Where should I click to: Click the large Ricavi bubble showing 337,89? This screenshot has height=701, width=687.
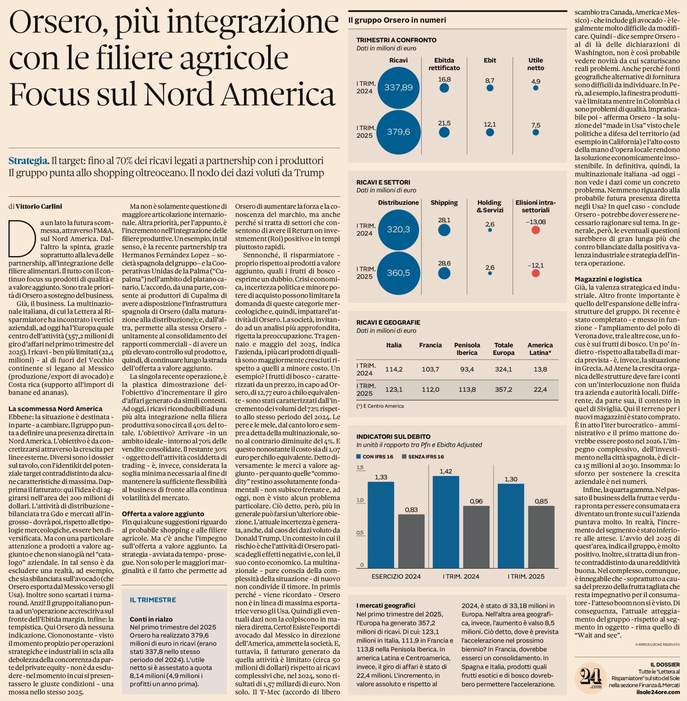coord(398,87)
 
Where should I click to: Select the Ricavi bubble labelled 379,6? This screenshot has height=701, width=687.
coord(398,132)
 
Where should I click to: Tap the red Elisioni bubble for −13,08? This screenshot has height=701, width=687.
coord(535,230)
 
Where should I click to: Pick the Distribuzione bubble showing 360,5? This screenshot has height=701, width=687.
coord(398,273)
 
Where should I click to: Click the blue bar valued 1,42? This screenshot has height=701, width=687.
coord(446,522)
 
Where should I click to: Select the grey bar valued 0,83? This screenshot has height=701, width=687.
coord(411,541)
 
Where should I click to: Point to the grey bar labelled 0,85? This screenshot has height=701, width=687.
coord(541,537)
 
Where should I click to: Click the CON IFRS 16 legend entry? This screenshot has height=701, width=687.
coord(375,457)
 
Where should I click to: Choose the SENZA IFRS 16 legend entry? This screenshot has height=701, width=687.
coord(423,457)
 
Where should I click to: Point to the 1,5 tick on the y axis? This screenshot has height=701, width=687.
coord(360,467)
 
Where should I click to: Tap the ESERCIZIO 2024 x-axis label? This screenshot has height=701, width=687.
coord(396,576)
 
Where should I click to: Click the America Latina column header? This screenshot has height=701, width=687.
coord(540,349)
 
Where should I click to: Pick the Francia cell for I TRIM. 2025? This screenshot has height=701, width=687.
coord(430,389)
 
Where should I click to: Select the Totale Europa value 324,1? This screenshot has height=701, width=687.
coord(503,369)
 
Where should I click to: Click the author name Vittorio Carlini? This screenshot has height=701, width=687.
coord(39,207)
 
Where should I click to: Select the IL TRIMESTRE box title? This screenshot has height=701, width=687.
coord(153,600)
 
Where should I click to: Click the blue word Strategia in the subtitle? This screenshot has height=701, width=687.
coord(29,161)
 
